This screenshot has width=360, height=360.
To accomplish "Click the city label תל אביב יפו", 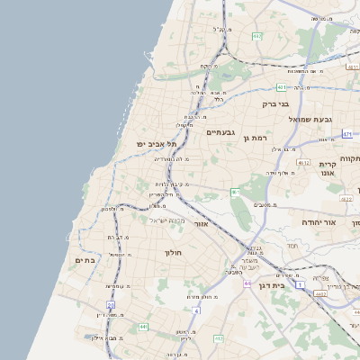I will coord(152,144).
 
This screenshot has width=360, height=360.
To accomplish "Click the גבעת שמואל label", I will coord(310,120).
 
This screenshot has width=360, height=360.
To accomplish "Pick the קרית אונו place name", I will coord(327,170).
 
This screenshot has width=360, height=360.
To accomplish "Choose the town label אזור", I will coord(202,223).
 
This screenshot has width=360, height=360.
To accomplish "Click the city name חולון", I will coord(173,253).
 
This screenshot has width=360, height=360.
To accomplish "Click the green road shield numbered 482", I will coord(257,36).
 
